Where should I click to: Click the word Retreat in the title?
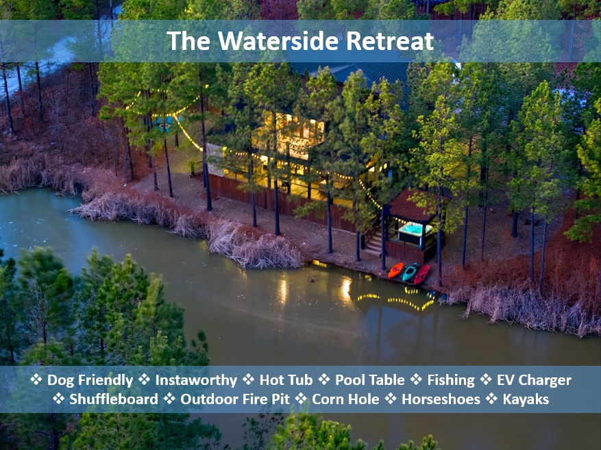pyautogui.click(x=390, y=40)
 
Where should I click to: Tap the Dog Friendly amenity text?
pyautogui.click(x=90, y=380)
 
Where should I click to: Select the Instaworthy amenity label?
pyautogui.click(x=196, y=380)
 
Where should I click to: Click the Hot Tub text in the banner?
pyautogui.click(x=286, y=380)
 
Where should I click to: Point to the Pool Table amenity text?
pyautogui.click(x=370, y=380)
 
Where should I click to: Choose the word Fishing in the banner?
pyautogui.click(x=451, y=380)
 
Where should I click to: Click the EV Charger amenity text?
pyautogui.click(x=534, y=380)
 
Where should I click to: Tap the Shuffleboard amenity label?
pyautogui.click(x=114, y=399)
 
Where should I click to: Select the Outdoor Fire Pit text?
pyautogui.click(x=235, y=399)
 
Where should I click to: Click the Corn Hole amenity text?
pyautogui.click(x=345, y=399)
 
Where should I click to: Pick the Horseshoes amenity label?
pyautogui.click(x=441, y=399)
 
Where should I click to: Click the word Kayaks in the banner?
pyautogui.click(x=526, y=399)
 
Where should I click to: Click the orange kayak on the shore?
pyautogui.click(x=396, y=271)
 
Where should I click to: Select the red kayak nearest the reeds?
pyautogui.click(x=421, y=275)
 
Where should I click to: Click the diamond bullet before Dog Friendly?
pyautogui.click(x=36, y=379)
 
